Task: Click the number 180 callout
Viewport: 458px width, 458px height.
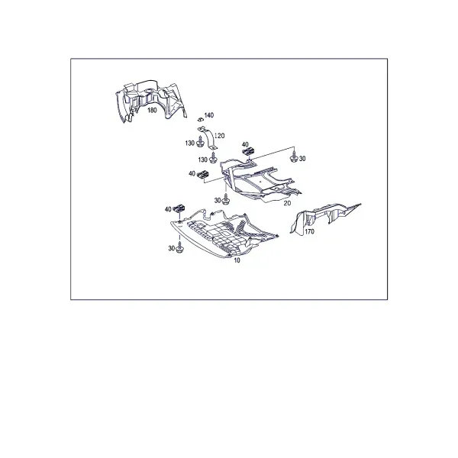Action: coord(152,110)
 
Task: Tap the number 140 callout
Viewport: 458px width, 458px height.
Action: coord(209,115)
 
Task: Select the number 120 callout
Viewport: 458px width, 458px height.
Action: coord(220,136)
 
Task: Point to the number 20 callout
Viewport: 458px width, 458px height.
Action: coord(288,203)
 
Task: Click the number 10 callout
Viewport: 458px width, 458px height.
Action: coord(237,260)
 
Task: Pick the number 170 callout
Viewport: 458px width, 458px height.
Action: coord(309,231)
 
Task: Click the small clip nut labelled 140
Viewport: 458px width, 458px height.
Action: coord(200,119)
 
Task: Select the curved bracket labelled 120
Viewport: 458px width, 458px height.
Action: coord(208,139)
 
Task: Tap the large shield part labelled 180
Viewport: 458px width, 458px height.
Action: coord(150,101)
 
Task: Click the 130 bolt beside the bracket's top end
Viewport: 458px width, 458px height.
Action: coord(200,142)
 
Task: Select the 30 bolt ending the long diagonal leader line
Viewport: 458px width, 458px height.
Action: coord(294,158)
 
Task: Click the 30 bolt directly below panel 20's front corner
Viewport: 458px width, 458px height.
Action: coord(225,199)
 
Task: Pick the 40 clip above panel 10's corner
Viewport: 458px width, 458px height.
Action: coord(179,208)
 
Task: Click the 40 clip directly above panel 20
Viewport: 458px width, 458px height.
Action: coord(249,151)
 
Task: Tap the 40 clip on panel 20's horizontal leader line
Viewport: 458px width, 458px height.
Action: coord(203,174)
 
